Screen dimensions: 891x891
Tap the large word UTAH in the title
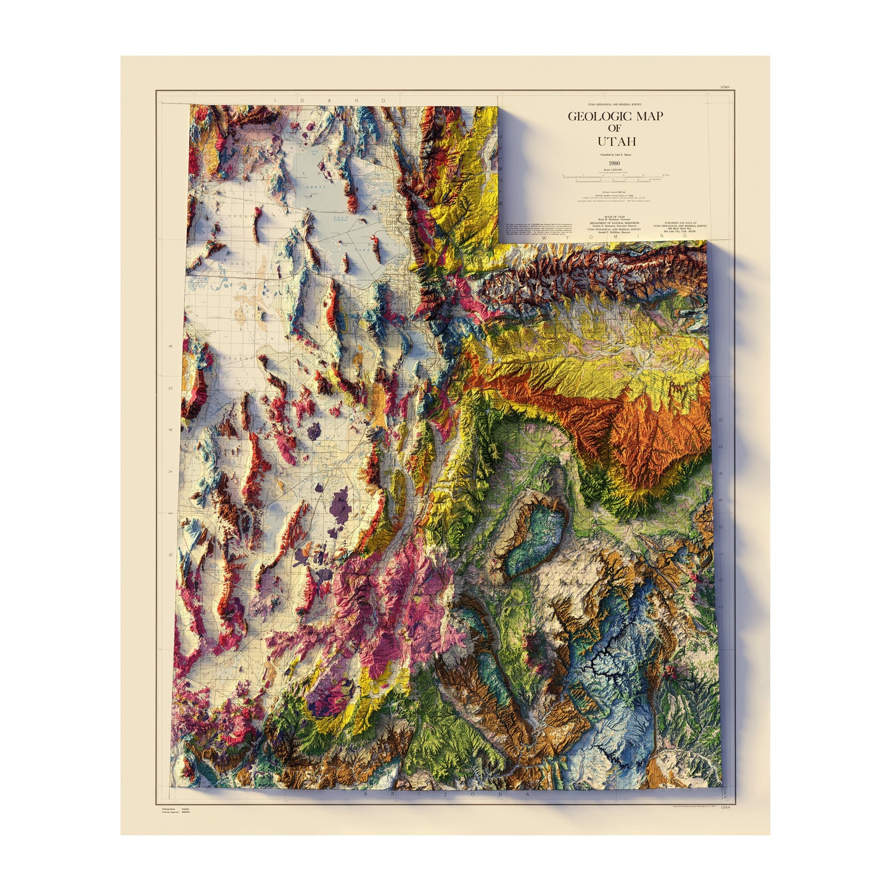click(616, 142)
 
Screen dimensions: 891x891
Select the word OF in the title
click(614, 128)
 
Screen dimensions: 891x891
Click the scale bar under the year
click(615, 178)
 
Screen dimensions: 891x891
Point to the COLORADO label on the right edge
click(722, 469)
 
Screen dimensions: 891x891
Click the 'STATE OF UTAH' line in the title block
click(614, 216)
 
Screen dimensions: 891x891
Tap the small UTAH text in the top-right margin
click(725, 87)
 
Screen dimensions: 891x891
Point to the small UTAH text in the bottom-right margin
click(725, 807)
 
